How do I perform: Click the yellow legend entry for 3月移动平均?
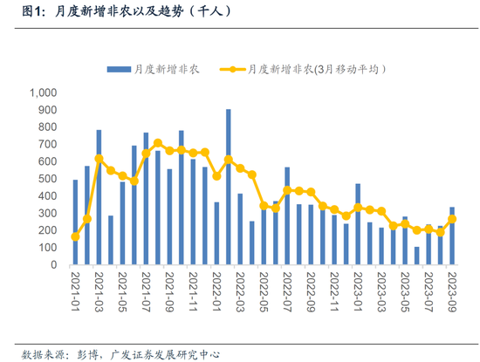tap(301, 69)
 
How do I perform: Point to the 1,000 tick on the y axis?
tap(42, 92)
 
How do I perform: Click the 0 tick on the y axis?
tap(53, 265)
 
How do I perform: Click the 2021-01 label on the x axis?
tap(75, 293)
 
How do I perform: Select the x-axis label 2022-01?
tap(216, 293)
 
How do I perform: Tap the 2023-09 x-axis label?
tap(452, 293)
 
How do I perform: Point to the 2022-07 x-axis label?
tap(287, 293)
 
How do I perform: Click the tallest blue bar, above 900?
tap(228, 187)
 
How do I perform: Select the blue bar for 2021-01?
tap(75, 222)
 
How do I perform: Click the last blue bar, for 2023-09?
tap(452, 236)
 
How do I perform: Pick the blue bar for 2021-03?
tap(99, 197)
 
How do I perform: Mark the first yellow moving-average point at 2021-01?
tap(75, 236)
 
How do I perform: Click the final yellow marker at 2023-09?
tap(452, 219)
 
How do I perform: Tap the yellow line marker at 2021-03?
tap(99, 159)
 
